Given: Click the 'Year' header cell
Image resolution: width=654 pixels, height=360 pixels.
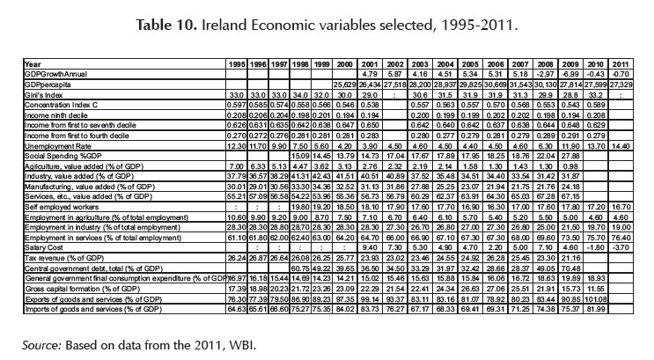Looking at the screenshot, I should click(34, 64).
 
